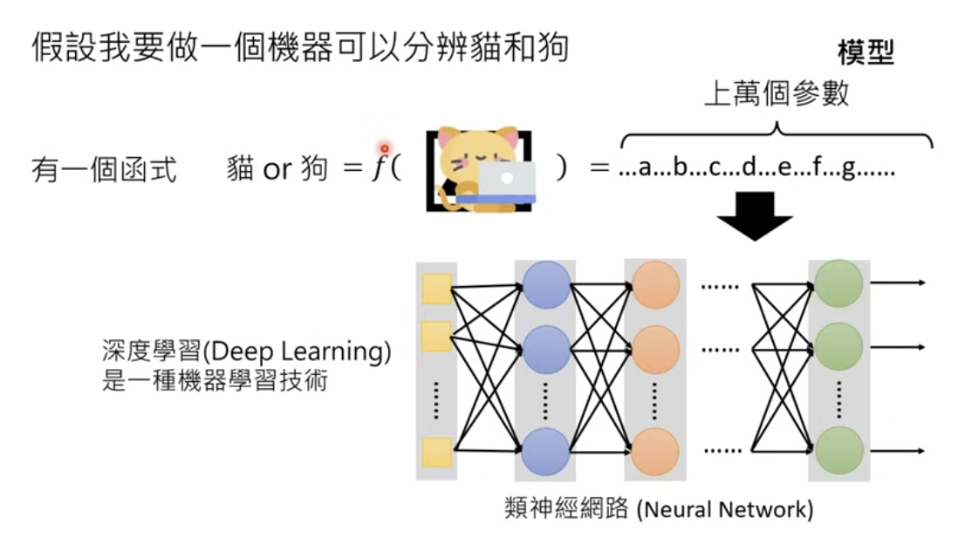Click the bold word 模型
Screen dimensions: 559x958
coord(866,53)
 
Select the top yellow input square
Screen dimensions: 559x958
coord(436,289)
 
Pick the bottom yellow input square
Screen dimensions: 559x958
coord(436,453)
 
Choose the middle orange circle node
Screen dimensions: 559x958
coord(655,349)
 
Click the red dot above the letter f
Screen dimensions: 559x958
coord(383,149)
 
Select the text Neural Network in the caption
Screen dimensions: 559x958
coord(724,509)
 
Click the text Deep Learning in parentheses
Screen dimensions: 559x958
coord(297,352)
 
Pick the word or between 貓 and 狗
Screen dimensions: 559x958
coord(277,169)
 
